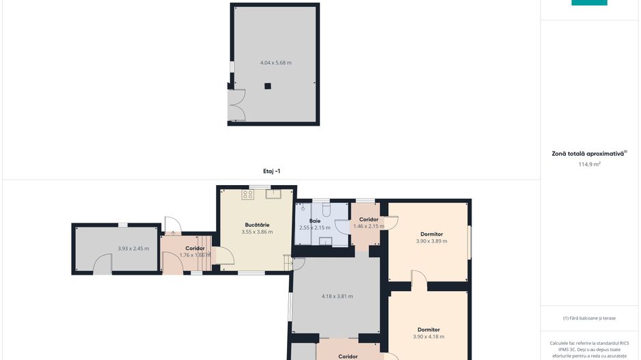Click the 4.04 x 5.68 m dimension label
275,63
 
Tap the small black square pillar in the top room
269,86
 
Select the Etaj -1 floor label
271,171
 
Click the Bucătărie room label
257,224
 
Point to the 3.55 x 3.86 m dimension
257,232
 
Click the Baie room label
314,221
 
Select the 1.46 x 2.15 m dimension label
368,226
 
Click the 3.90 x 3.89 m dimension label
431,241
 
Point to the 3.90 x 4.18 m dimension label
428,336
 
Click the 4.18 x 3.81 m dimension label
337,296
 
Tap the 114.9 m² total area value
589,164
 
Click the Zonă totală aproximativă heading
589,154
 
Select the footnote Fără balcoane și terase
589,318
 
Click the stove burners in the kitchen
247,195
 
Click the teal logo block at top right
589,3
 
